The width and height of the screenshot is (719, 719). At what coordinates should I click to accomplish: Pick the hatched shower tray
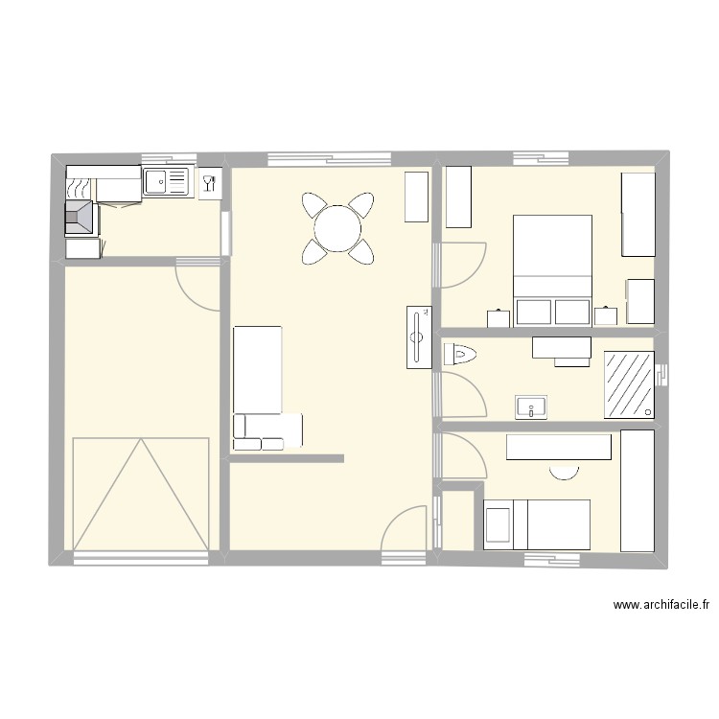630,384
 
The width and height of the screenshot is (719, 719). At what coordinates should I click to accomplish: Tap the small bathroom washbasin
530,407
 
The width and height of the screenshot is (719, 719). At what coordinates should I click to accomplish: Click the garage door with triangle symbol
141,493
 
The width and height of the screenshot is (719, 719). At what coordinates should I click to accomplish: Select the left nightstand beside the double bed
499,317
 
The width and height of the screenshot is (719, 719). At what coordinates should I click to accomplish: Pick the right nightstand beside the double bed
606,316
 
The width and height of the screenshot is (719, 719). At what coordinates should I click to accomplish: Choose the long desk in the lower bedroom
559,447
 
